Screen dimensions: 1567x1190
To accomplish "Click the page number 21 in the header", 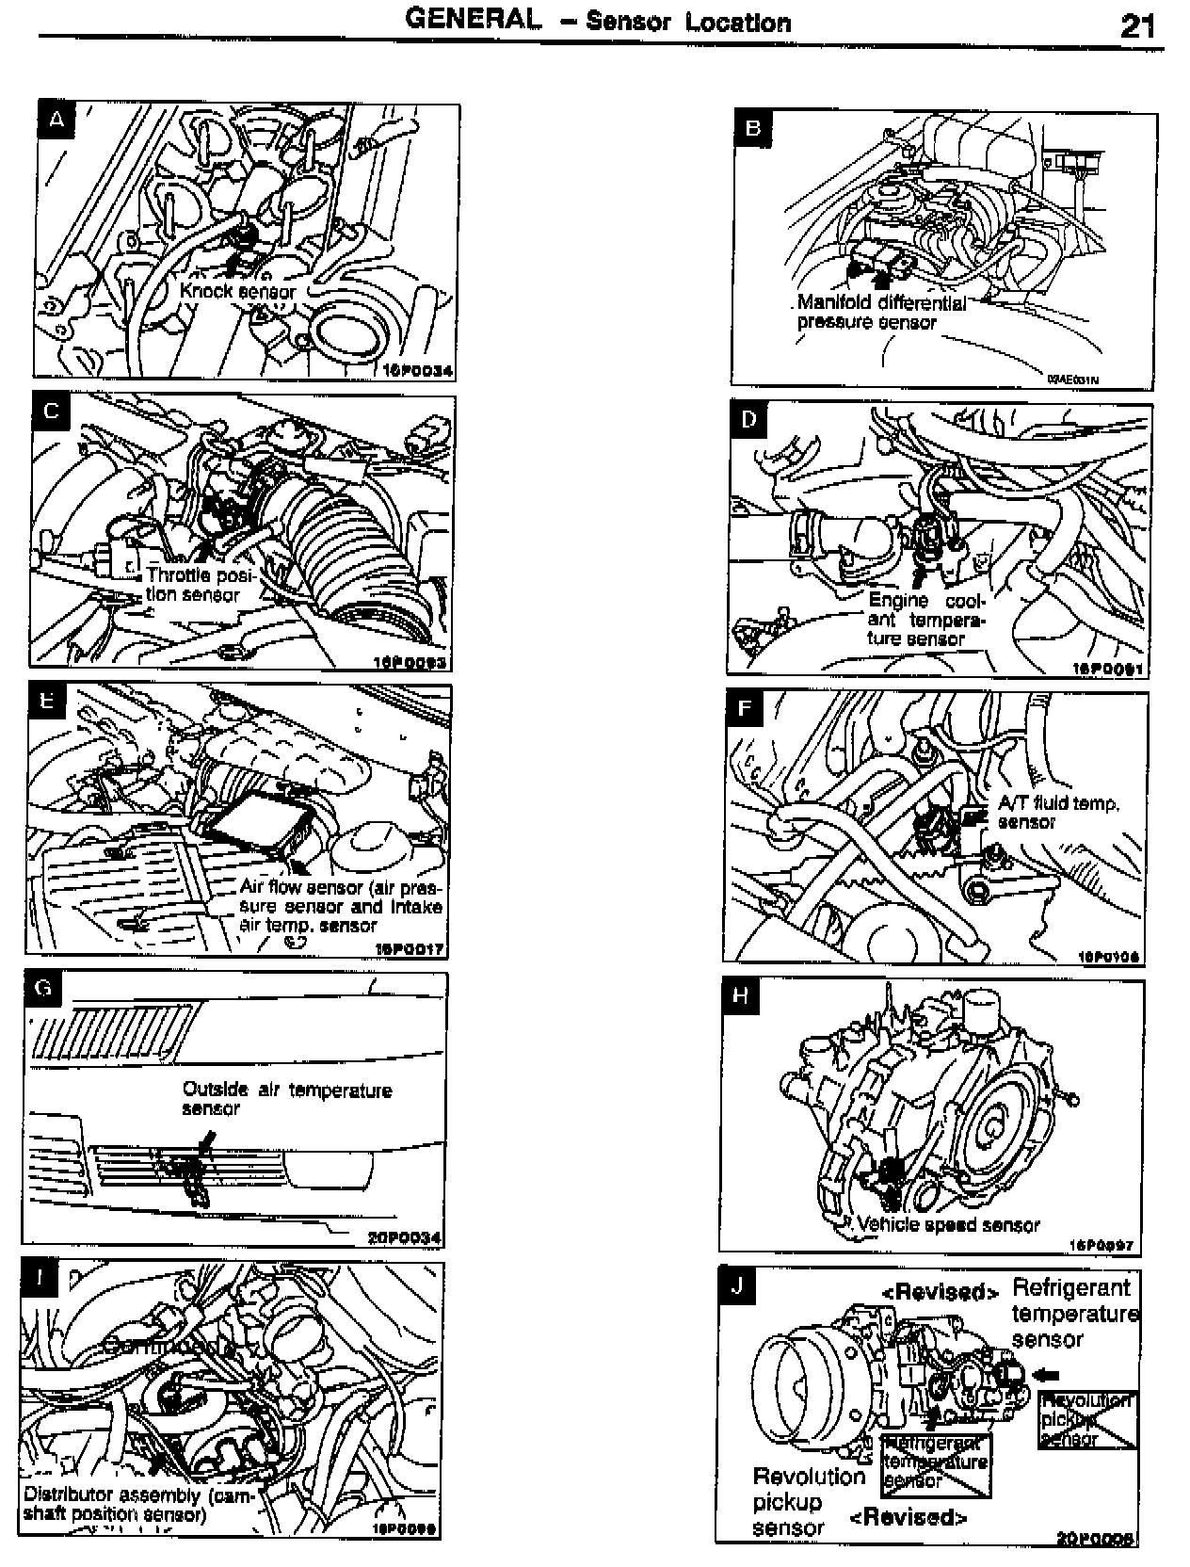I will point(1137,25).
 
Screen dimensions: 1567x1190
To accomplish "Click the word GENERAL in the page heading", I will point(474,19).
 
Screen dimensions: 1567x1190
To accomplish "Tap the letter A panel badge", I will point(57,121).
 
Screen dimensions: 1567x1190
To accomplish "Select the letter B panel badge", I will point(752,128).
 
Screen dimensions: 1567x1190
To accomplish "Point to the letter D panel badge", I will point(748,419).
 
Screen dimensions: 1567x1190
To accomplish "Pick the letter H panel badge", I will point(742,996).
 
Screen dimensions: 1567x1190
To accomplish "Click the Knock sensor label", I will point(237,291).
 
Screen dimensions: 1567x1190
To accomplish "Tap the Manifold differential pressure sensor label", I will point(880,313).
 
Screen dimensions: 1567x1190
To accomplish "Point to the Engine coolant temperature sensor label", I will point(925,620).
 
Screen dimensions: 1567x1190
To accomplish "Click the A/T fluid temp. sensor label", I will point(1057,812).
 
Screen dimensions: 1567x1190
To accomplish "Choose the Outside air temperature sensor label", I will point(285,1099).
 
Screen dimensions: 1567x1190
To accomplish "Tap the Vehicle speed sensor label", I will point(948,1225).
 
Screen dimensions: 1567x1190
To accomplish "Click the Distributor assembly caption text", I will point(137,1504).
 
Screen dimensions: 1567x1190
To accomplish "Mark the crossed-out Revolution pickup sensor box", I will point(1087,1420).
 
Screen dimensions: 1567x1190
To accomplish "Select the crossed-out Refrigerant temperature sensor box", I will point(936,1463).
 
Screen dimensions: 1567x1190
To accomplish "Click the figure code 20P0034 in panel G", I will point(404,1237).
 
